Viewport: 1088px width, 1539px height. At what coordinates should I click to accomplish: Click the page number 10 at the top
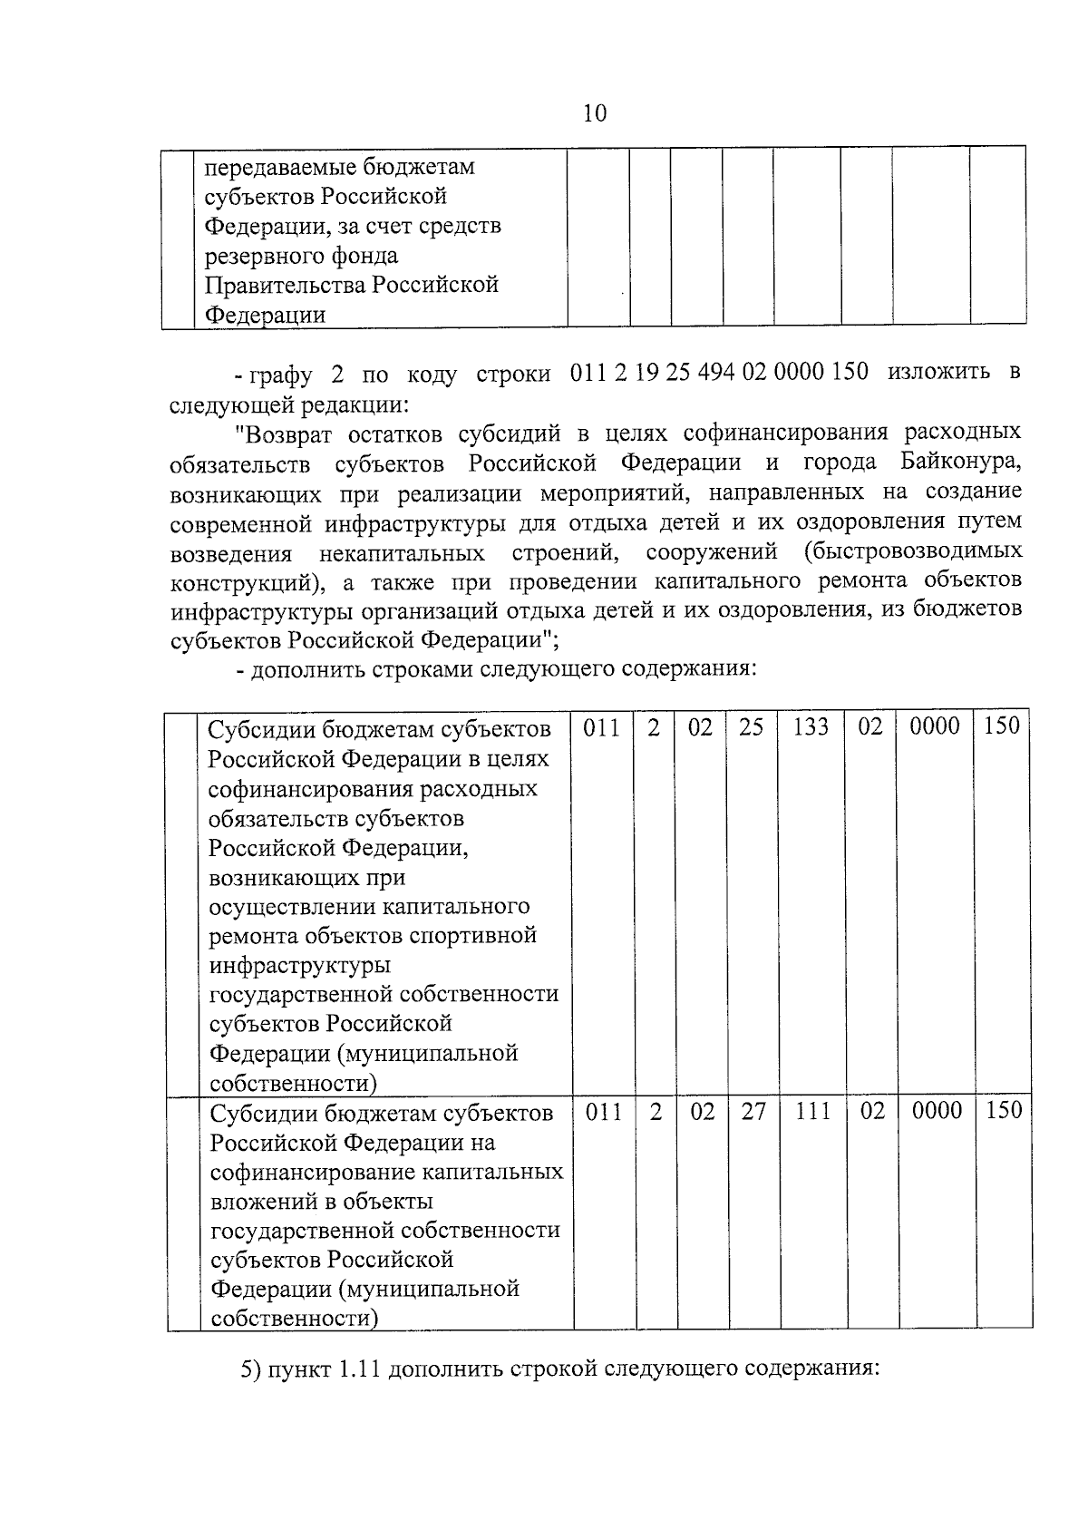pos(595,113)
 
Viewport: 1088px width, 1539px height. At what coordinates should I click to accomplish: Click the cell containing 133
pos(810,726)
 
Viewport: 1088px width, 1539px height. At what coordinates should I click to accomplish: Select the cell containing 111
pos(812,1111)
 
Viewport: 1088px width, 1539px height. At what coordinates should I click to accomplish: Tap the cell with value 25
pos(751,726)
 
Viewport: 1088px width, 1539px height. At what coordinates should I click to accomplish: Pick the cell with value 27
pos(753,1111)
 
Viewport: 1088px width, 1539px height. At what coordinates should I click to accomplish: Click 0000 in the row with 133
pos(934,726)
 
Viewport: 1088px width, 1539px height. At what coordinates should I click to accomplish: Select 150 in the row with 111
pos(1003,1111)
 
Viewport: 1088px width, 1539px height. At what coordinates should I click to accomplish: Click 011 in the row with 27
pos(604,1111)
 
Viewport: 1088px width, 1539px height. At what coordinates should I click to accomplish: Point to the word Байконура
pos(961,462)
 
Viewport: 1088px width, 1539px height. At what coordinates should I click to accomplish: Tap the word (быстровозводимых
pos(911,550)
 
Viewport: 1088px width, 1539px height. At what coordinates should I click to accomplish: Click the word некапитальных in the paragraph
pos(401,552)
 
